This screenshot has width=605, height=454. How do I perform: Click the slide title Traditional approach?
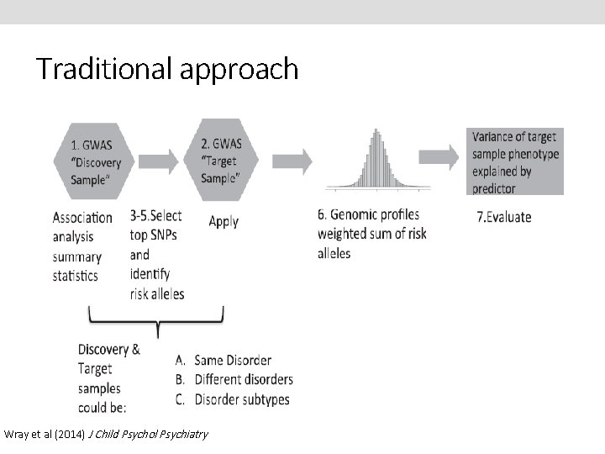tap(166, 68)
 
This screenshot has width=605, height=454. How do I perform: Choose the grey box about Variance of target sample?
tap(515, 161)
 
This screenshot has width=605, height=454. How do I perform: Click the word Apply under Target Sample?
tap(224, 222)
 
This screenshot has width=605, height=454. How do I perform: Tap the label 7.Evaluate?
tap(504, 217)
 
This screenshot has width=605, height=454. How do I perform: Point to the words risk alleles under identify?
tap(157, 293)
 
